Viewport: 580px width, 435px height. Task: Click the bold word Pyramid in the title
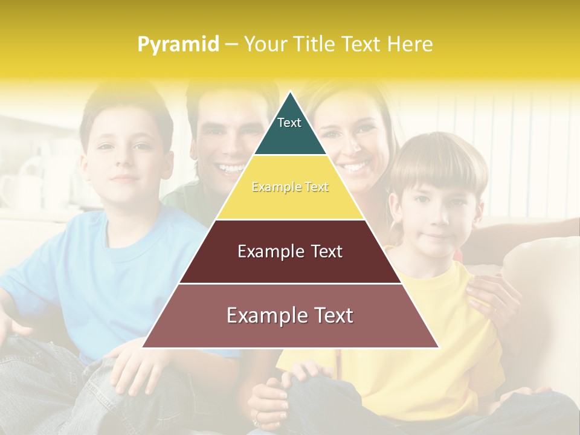pos(178,45)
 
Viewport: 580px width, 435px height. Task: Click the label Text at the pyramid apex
pos(289,123)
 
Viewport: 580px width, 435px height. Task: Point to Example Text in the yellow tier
pos(290,187)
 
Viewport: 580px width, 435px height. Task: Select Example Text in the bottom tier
pos(290,315)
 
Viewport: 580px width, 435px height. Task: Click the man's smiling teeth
pos(231,167)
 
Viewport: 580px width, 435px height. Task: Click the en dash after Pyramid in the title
pos(231,45)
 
